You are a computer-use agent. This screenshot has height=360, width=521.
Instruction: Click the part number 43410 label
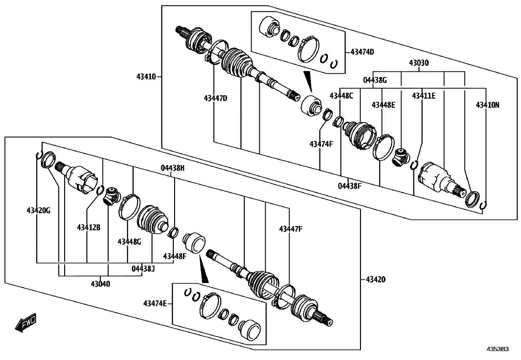tap(146, 77)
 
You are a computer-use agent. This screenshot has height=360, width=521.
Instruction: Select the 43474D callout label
tap(362, 52)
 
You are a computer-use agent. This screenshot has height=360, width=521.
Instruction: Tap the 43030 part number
tap(419, 63)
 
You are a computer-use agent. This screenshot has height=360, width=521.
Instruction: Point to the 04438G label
tap(375, 80)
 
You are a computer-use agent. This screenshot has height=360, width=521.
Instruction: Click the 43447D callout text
tap(215, 98)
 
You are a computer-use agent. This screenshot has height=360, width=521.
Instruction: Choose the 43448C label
tap(341, 96)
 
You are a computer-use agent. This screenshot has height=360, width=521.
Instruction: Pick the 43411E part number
tap(423, 96)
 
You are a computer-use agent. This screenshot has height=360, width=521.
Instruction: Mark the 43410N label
tap(487, 105)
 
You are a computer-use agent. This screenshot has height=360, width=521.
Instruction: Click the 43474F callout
tap(321, 144)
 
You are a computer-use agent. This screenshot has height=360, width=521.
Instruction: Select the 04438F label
tap(350, 186)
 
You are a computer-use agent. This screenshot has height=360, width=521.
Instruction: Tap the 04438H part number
tap(172, 168)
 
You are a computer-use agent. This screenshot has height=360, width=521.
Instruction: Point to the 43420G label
tap(38, 210)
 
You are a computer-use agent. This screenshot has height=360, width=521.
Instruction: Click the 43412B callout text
tap(89, 227)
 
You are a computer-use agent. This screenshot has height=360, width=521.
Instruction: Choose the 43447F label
tap(291, 229)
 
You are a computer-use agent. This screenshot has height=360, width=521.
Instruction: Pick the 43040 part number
tap(100, 284)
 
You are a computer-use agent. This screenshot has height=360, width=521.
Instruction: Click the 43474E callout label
tap(155, 304)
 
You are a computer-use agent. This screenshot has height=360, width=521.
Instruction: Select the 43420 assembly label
tap(375, 279)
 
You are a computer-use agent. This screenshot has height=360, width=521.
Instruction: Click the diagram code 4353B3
tap(499, 349)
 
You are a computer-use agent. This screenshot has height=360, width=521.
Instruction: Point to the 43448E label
tap(383, 105)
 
